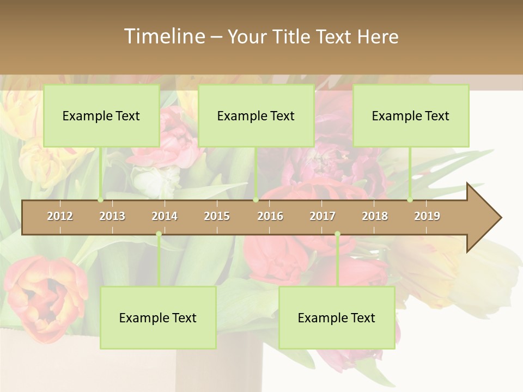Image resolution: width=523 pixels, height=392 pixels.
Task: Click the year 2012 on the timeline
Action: click(x=60, y=216)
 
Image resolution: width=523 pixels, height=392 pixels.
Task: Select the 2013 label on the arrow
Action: click(x=112, y=216)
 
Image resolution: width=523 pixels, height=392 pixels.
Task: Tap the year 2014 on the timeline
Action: click(x=165, y=216)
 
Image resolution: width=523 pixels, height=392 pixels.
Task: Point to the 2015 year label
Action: click(x=217, y=216)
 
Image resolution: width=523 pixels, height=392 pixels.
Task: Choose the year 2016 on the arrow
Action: click(x=270, y=216)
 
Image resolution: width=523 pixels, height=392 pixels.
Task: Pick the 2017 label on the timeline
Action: click(x=323, y=216)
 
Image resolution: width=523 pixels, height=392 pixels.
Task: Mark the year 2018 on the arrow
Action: click(x=375, y=216)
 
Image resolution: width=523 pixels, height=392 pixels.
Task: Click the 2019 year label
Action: click(x=427, y=216)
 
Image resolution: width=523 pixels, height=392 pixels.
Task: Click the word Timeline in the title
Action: click(x=164, y=36)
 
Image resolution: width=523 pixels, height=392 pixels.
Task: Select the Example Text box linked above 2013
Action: click(x=101, y=115)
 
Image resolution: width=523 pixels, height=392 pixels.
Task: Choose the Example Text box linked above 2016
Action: click(x=256, y=115)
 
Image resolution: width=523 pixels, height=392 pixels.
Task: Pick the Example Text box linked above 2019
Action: click(x=411, y=115)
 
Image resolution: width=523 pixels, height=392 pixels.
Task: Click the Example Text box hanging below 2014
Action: click(x=158, y=317)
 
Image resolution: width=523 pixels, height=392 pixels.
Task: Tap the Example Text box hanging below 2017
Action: click(x=337, y=317)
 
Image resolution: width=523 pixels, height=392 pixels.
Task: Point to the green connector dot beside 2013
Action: click(x=101, y=200)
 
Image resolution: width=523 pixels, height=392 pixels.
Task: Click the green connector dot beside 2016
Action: click(x=256, y=200)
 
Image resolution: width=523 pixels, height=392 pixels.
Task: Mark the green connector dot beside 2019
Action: click(x=410, y=200)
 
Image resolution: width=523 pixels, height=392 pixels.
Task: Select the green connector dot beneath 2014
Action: click(x=159, y=234)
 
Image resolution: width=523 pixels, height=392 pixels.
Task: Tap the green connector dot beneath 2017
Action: click(x=337, y=234)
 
